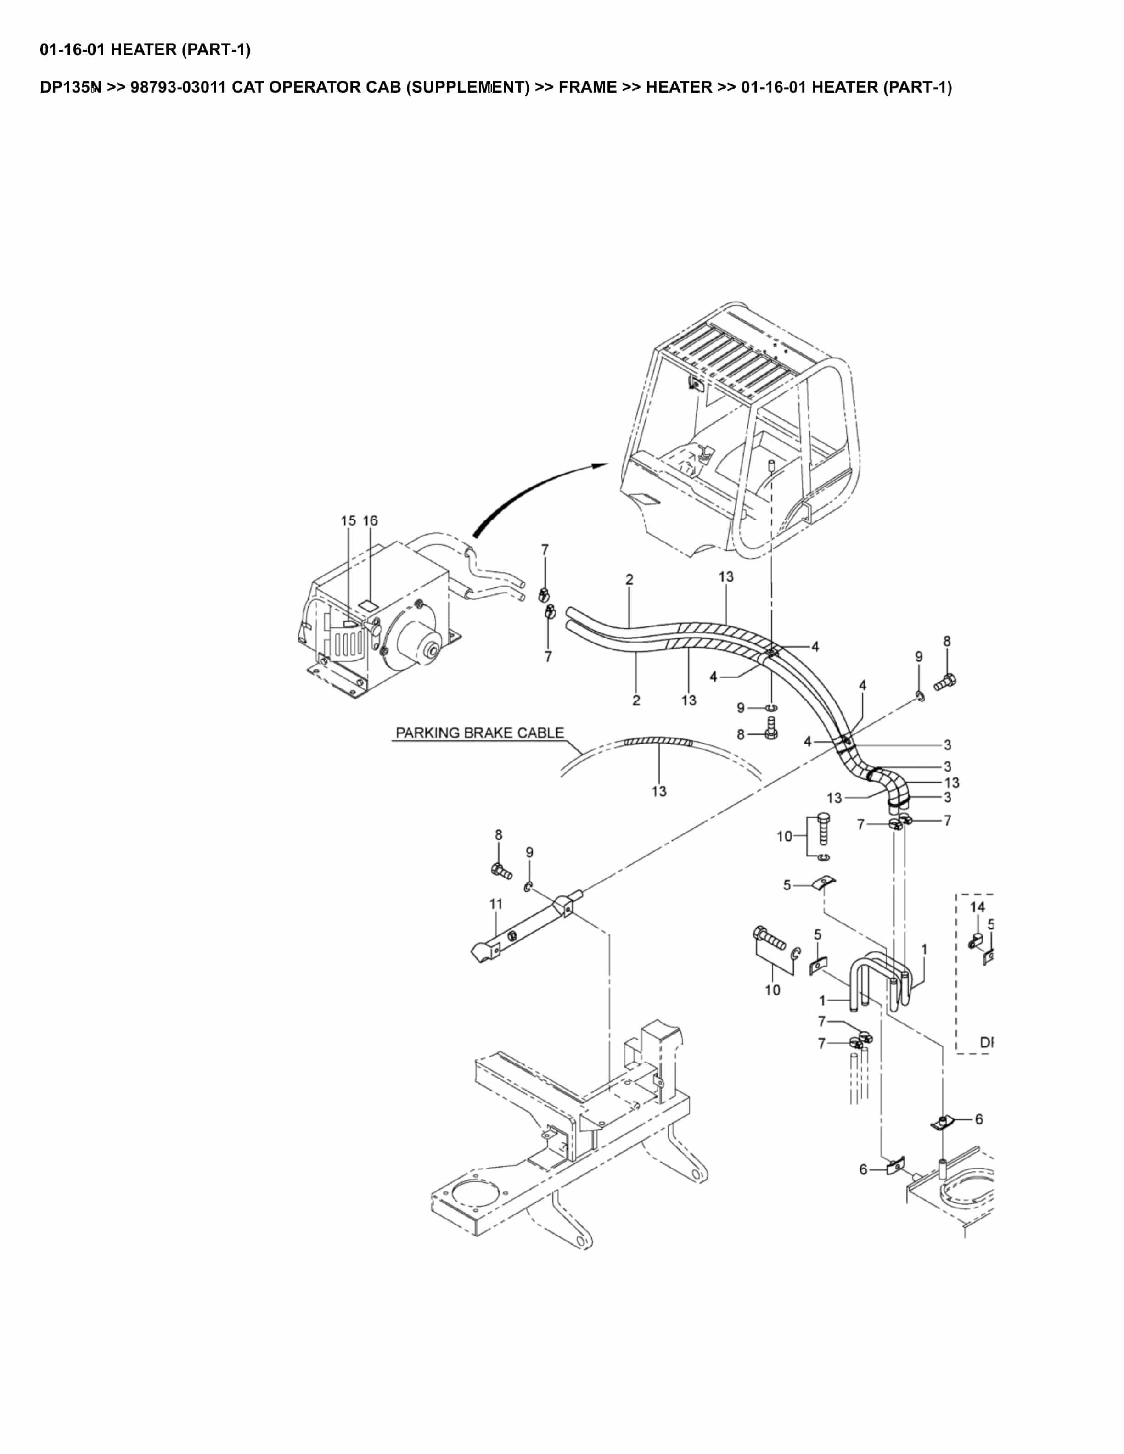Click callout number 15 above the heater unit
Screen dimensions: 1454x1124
click(x=348, y=520)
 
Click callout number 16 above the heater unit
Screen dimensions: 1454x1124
click(x=370, y=520)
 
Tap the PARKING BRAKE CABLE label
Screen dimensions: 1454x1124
click(x=479, y=733)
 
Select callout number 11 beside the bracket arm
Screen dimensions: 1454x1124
click(x=496, y=903)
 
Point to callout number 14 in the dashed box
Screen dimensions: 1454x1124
click(x=977, y=907)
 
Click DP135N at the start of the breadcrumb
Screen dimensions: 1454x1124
click(x=70, y=87)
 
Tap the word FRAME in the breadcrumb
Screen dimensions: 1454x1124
click(x=587, y=87)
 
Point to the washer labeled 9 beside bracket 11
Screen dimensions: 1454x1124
click(x=528, y=887)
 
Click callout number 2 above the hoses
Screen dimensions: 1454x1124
click(x=629, y=579)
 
